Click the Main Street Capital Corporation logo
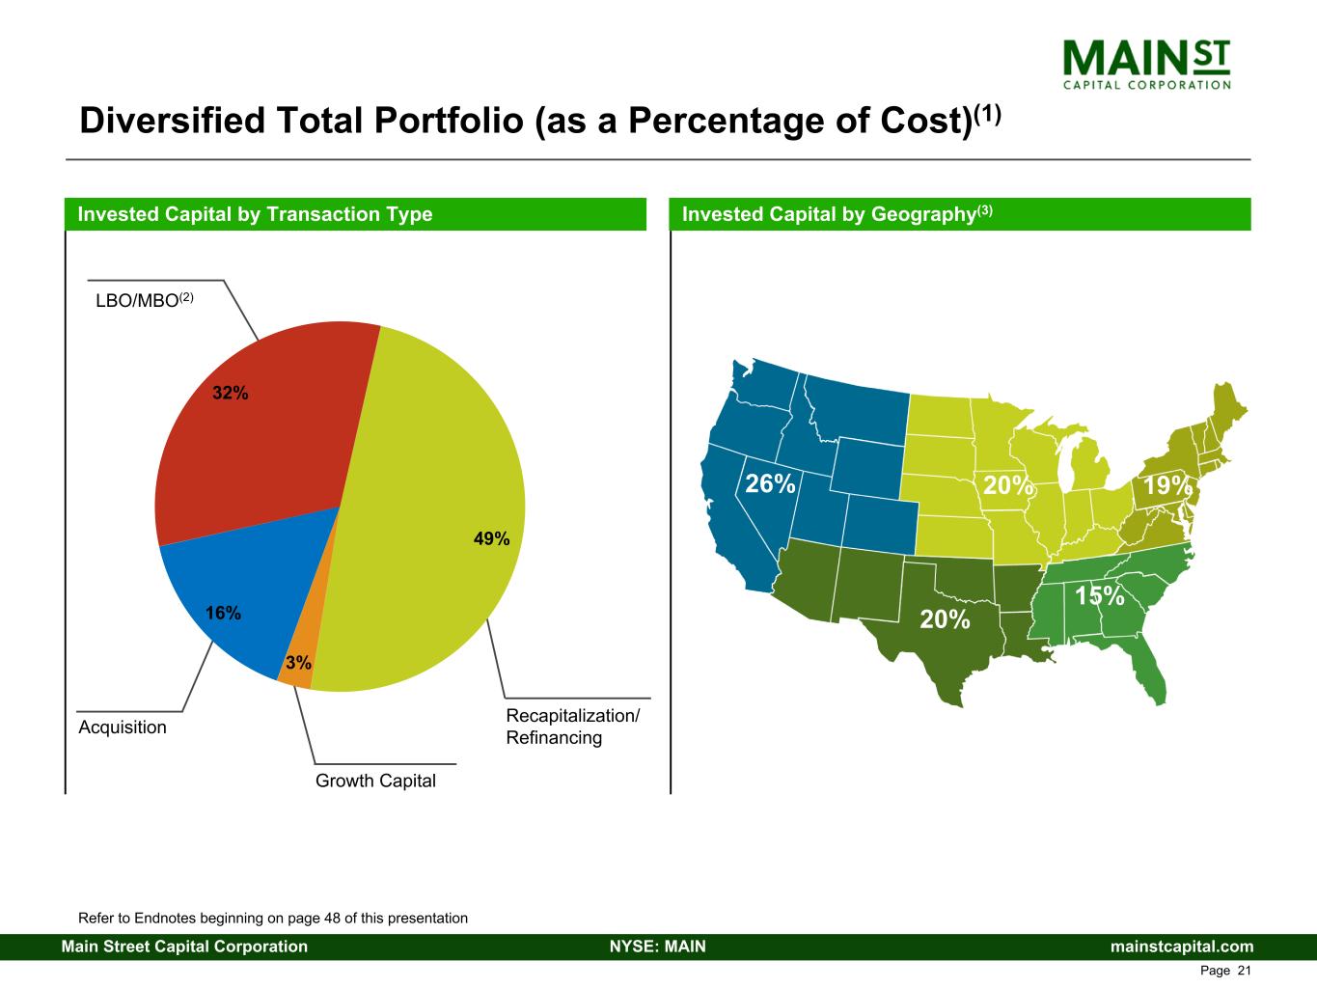tap(1146, 64)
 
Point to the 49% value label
tap(491, 539)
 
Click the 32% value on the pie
tap(231, 393)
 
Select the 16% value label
tap(223, 613)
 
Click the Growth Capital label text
tap(375, 781)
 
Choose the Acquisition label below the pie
tap(123, 727)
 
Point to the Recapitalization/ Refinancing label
tap(572, 727)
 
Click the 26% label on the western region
tap(770, 483)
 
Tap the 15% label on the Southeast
tap(1100, 595)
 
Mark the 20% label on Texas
tap(945, 618)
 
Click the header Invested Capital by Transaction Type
tap(255, 214)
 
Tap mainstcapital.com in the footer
tap(1182, 947)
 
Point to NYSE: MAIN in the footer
tap(658, 947)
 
